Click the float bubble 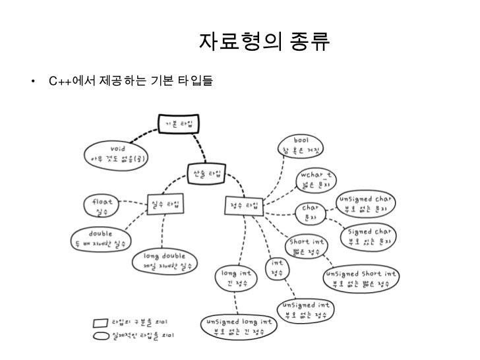102,205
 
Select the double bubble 100,239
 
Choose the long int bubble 236,278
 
